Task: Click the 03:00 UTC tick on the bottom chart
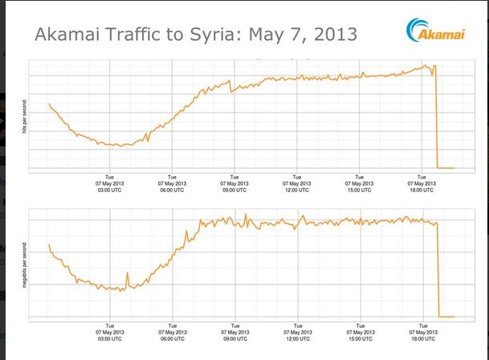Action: (109, 332)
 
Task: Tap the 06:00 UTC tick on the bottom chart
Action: (172, 332)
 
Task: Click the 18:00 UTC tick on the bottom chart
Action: (422, 332)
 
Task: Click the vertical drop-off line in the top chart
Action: (436, 121)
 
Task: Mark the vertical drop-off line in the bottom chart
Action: (438, 269)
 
